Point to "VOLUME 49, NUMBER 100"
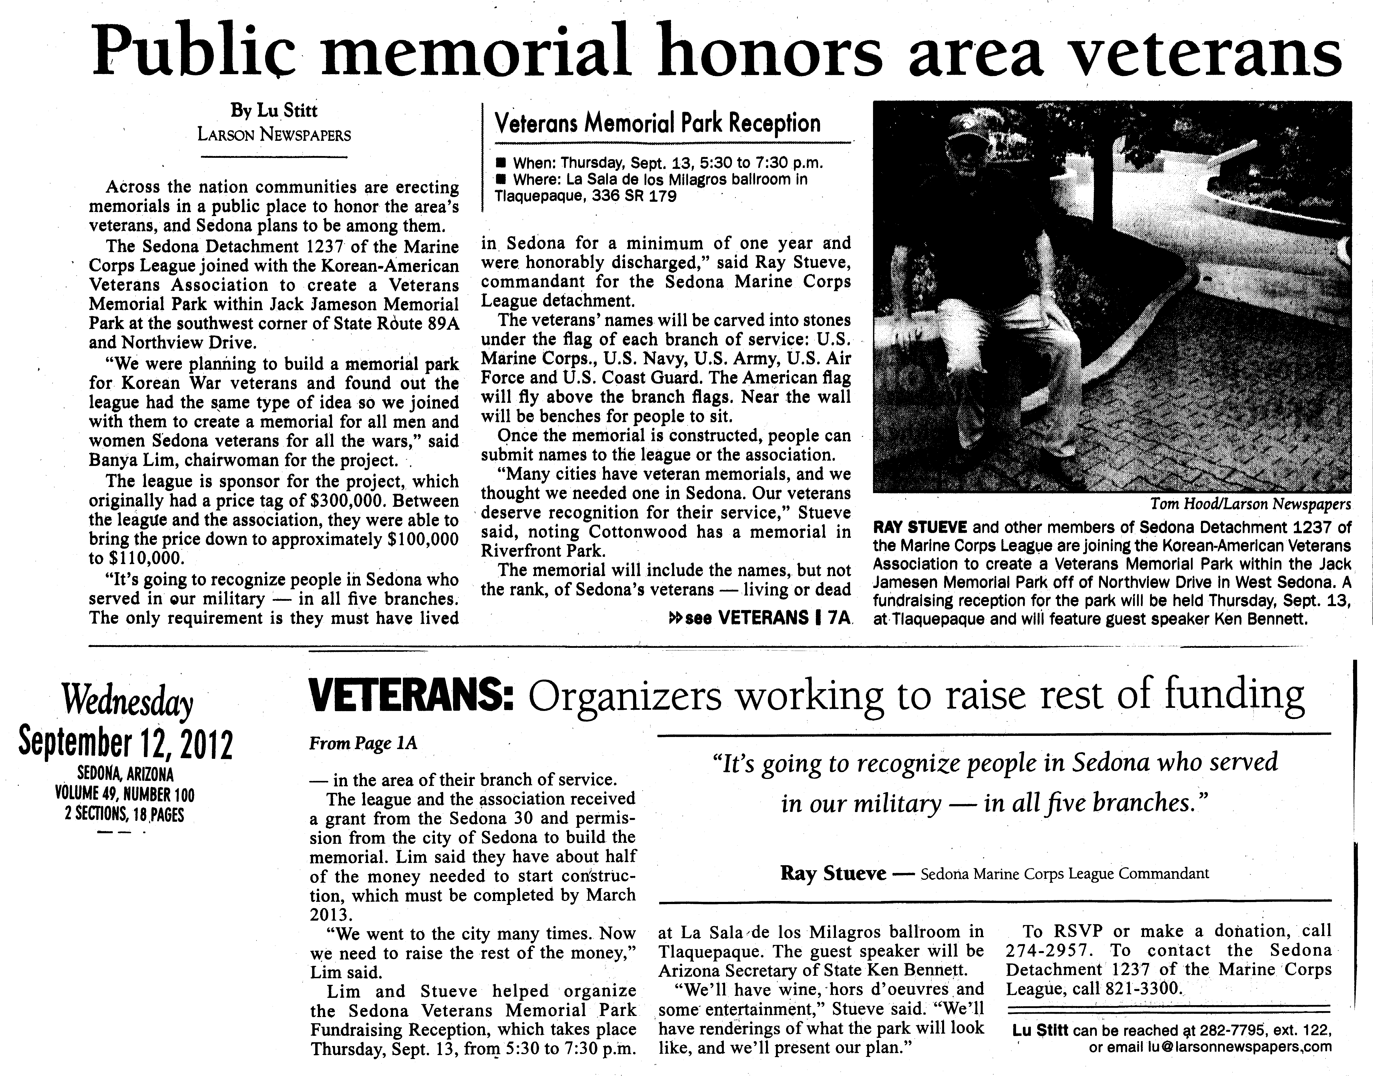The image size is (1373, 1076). (125, 795)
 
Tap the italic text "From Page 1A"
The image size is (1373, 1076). (363, 743)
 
